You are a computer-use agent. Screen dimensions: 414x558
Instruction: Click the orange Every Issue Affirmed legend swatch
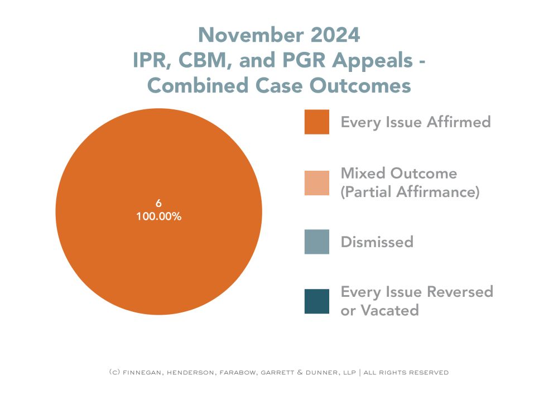click(316, 122)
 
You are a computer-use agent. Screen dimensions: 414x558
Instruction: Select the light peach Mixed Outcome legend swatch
click(316, 182)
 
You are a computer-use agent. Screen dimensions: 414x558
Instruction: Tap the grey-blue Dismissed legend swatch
click(316, 242)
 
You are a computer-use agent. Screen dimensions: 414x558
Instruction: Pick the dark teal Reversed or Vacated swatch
click(316, 301)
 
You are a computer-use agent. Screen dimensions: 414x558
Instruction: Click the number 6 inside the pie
click(158, 204)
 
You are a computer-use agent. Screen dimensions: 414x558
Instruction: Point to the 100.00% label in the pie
click(158, 217)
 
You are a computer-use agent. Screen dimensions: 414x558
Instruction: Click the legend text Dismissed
click(377, 242)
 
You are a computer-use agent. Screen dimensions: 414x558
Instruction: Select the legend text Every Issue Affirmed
click(416, 122)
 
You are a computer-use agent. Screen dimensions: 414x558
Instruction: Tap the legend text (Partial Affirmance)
click(410, 192)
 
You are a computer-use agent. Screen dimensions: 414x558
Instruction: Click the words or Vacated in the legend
click(379, 310)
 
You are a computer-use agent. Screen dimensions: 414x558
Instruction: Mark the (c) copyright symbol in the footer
click(113, 372)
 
